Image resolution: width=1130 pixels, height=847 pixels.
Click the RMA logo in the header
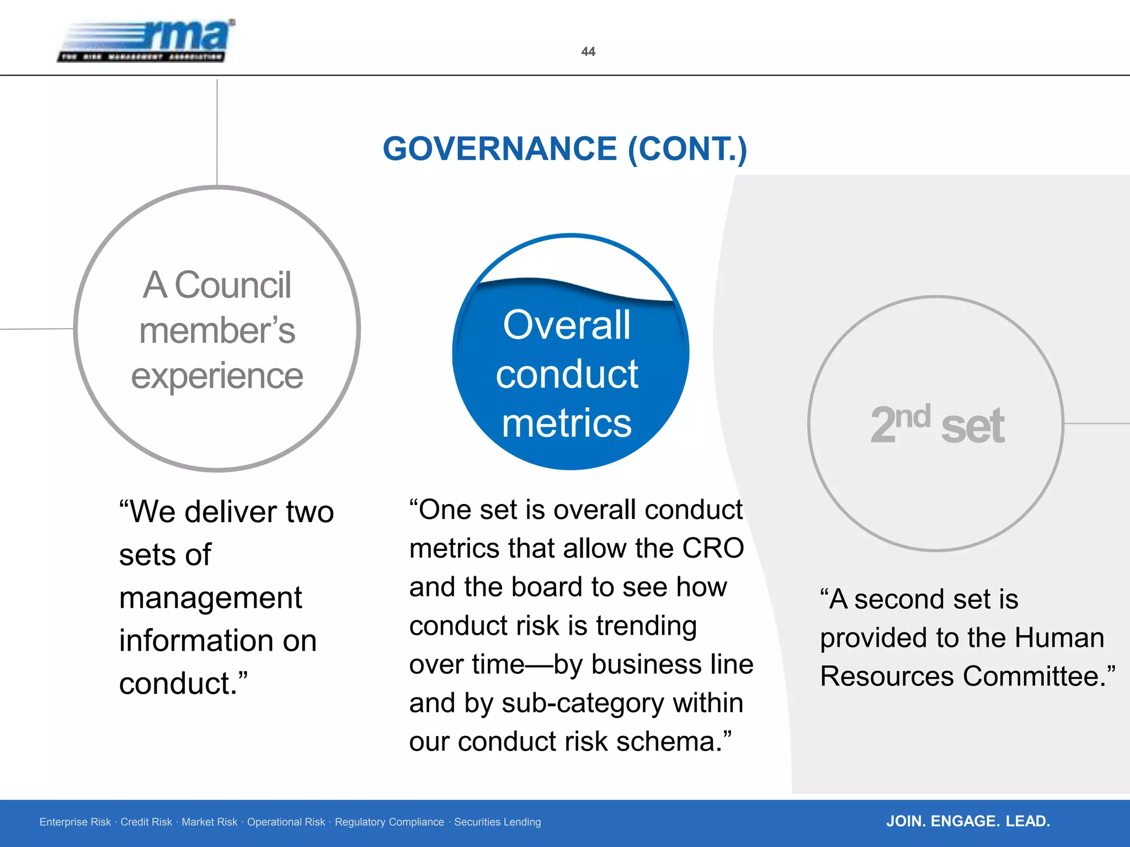click(146, 41)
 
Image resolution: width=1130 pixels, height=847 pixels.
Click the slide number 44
click(588, 52)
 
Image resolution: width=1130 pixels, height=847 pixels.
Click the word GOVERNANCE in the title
click(500, 149)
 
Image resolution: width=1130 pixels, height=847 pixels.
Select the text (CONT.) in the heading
click(687, 149)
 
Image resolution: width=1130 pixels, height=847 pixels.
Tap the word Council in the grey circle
click(233, 285)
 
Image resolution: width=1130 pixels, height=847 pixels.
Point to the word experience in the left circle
click(217, 376)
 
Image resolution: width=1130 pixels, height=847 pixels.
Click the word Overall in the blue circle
click(567, 325)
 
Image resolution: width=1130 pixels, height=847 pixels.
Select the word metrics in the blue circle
click(567, 423)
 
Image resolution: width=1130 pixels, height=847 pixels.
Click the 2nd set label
click(937, 425)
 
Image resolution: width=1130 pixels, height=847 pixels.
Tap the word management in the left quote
click(210, 598)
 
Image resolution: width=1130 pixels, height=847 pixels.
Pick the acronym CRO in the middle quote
click(713, 548)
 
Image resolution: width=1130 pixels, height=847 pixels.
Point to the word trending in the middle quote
click(646, 626)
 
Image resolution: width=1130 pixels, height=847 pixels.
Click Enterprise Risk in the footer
click(75, 822)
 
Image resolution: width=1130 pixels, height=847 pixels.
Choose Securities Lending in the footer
click(497, 822)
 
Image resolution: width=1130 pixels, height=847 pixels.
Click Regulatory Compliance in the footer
click(389, 822)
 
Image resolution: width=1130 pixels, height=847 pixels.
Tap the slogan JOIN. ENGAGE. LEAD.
click(968, 821)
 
